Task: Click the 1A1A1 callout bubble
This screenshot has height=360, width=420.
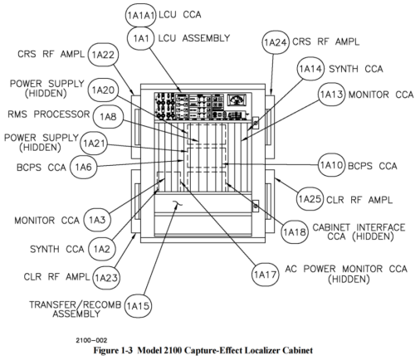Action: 140,16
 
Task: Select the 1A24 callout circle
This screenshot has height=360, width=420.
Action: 276,42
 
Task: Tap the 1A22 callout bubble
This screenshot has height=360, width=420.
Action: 103,55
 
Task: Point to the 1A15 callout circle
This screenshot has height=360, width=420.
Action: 138,306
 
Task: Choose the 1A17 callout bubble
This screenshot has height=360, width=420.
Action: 265,275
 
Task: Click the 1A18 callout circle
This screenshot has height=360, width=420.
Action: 295,232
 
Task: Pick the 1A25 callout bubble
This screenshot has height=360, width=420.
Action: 310,199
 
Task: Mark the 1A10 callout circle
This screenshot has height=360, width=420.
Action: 331,165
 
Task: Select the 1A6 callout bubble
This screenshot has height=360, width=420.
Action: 83,167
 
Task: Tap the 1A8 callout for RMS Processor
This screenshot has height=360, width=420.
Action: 108,117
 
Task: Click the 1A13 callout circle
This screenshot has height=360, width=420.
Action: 331,95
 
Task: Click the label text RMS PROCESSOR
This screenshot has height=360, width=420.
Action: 49,114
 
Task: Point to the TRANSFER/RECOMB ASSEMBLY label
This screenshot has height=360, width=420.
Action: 76,309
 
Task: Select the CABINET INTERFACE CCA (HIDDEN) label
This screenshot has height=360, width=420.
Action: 359,232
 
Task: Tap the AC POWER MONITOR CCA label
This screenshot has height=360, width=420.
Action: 346,269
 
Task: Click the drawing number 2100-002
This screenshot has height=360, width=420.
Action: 91,340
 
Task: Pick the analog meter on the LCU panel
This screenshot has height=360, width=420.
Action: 237,100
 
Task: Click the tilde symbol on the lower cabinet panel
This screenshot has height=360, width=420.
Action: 177,204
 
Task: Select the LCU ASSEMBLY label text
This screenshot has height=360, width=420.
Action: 194,38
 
